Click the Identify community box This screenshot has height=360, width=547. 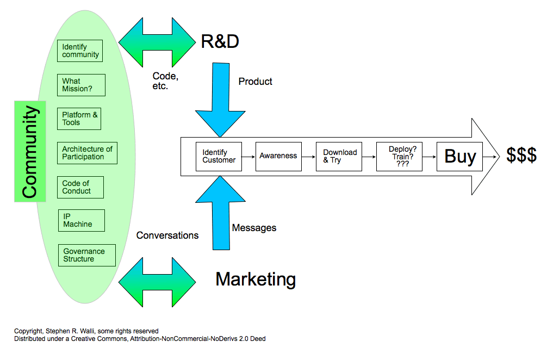(80, 51)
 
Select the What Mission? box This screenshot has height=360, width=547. (81, 85)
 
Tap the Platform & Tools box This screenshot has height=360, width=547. (79, 119)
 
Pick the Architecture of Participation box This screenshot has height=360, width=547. (87, 153)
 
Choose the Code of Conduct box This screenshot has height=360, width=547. (80, 187)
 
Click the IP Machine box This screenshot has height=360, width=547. (82, 220)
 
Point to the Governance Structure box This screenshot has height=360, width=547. (87, 256)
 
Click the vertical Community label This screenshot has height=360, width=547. (30, 151)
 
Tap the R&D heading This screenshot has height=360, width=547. (220, 41)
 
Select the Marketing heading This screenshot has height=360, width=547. (256, 280)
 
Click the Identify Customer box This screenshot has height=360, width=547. (219, 156)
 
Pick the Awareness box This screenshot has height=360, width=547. (278, 156)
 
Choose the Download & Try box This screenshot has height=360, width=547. (339, 156)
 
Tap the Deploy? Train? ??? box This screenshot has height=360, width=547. (399, 156)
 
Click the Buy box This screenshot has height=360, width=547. (460, 156)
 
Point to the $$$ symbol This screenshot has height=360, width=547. (521, 155)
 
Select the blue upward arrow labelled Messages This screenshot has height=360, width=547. (221, 213)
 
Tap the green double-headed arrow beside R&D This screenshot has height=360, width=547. (157, 42)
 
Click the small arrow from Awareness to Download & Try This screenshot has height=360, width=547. (309, 157)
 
